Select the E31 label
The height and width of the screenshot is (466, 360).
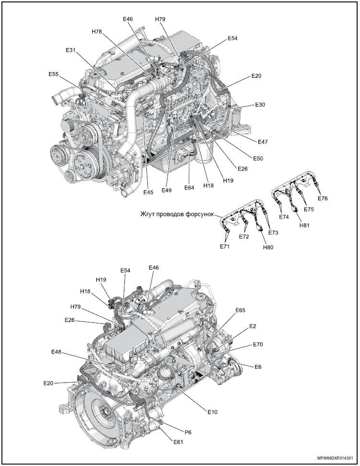(71, 50)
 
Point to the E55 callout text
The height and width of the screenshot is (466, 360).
(54, 74)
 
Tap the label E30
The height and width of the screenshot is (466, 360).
(260, 104)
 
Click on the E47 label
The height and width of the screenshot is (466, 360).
(263, 142)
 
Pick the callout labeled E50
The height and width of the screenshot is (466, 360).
(258, 158)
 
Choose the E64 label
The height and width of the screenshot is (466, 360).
(190, 188)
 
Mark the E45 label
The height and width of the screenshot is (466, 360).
(148, 192)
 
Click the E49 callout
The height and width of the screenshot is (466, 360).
(167, 190)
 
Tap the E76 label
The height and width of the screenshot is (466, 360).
(323, 197)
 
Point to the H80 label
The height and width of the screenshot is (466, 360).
(268, 248)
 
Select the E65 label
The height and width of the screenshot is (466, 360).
(240, 310)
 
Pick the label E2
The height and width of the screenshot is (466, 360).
(252, 326)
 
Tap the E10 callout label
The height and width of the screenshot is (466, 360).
(213, 411)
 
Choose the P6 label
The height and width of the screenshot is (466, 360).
(188, 432)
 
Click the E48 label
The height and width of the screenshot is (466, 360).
(56, 352)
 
